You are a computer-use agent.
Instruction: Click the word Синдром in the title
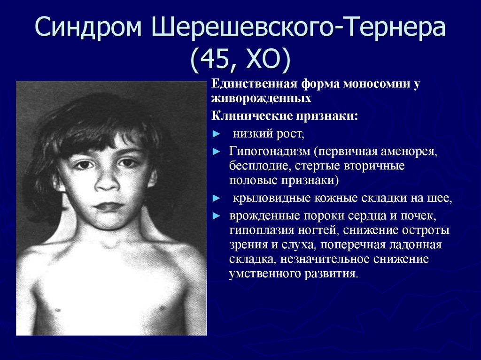coord(88,27)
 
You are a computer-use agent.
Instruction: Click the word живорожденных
coord(261,99)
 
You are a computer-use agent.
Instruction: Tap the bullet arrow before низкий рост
coord(216,134)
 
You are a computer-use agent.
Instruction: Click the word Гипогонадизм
coord(270,152)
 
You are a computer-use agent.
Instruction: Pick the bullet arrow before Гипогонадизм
coord(216,151)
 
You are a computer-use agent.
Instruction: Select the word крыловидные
coord(272,199)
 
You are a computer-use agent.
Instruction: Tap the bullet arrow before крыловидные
coord(216,199)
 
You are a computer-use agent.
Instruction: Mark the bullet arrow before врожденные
coord(216,216)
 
